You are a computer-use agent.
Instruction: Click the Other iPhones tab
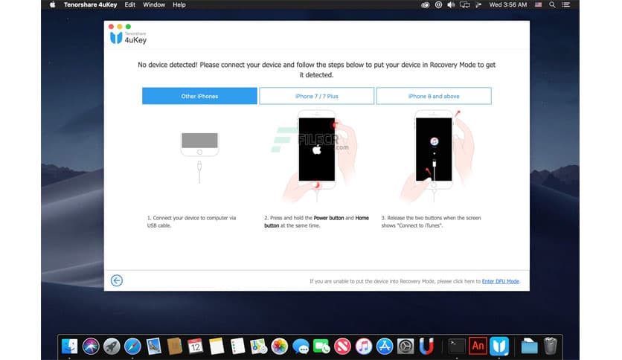click(x=199, y=96)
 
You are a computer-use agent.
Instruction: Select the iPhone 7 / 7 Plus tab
click(x=315, y=96)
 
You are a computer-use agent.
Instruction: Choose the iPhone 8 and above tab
click(x=434, y=96)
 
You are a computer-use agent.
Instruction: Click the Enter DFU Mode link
click(x=500, y=281)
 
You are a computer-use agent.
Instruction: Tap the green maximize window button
click(x=128, y=26)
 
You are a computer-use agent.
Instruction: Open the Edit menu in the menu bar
click(x=130, y=4)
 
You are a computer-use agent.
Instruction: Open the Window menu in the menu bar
click(x=154, y=4)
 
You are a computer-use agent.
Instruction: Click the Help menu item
click(x=179, y=4)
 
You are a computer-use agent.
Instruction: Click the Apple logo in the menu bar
click(x=53, y=4)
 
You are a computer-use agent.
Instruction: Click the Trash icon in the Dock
click(x=550, y=345)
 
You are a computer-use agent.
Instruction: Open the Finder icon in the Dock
click(x=70, y=345)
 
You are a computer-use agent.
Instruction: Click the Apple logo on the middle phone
click(x=316, y=149)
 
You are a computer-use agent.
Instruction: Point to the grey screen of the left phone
click(x=199, y=141)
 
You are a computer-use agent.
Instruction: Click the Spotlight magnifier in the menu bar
click(x=552, y=4)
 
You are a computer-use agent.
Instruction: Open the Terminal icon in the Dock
click(x=457, y=345)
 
